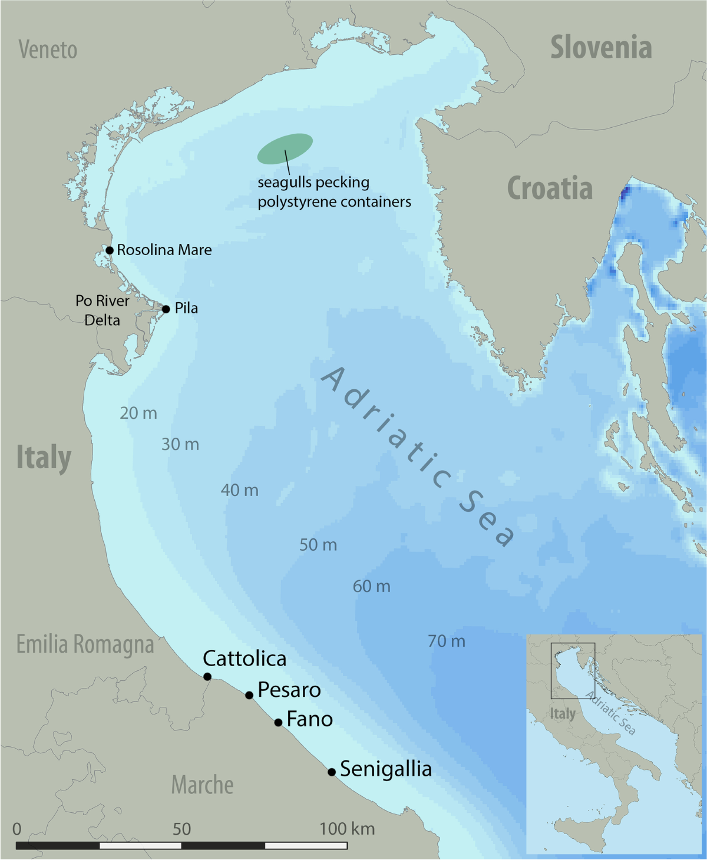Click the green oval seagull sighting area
(x=285, y=148)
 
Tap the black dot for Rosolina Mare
(x=110, y=250)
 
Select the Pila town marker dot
(x=166, y=309)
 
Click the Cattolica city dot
(x=207, y=677)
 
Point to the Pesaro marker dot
(x=249, y=696)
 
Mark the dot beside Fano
(x=278, y=723)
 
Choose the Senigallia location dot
(x=332, y=772)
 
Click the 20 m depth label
(x=138, y=414)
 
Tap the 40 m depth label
(x=240, y=490)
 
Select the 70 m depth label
(x=447, y=641)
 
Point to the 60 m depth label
(x=372, y=587)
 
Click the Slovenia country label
(x=601, y=48)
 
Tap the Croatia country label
(x=550, y=189)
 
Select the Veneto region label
(x=48, y=50)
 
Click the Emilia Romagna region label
(x=85, y=644)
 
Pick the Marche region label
(x=202, y=785)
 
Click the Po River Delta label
(x=102, y=310)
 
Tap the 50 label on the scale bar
(x=181, y=829)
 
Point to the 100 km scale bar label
(x=347, y=829)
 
